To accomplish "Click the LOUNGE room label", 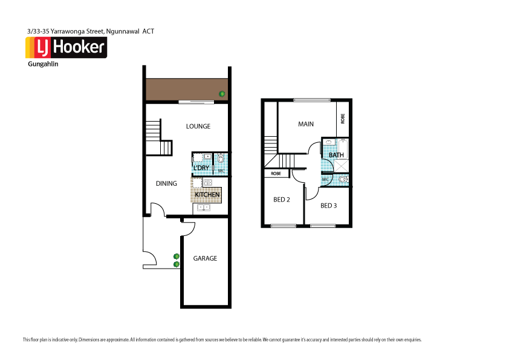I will click(198, 126).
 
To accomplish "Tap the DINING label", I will click(166, 183).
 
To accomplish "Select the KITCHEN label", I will click(207, 194).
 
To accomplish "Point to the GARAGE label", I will click(205, 258).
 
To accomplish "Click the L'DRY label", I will click(201, 168).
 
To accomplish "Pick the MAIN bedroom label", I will click(306, 124).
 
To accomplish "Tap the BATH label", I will click(336, 155).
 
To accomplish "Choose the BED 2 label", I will click(282, 200).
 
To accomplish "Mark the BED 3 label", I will click(328, 206).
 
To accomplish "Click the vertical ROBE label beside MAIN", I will click(343, 119).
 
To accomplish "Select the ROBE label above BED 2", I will click(276, 174).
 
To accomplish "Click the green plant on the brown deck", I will click(222, 94).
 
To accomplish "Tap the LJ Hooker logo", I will click(66, 48).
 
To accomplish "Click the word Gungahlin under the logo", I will click(43, 64).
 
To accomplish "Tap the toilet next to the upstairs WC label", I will click(343, 180).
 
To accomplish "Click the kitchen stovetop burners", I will click(207, 182).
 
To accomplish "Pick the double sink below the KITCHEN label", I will click(203, 208).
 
